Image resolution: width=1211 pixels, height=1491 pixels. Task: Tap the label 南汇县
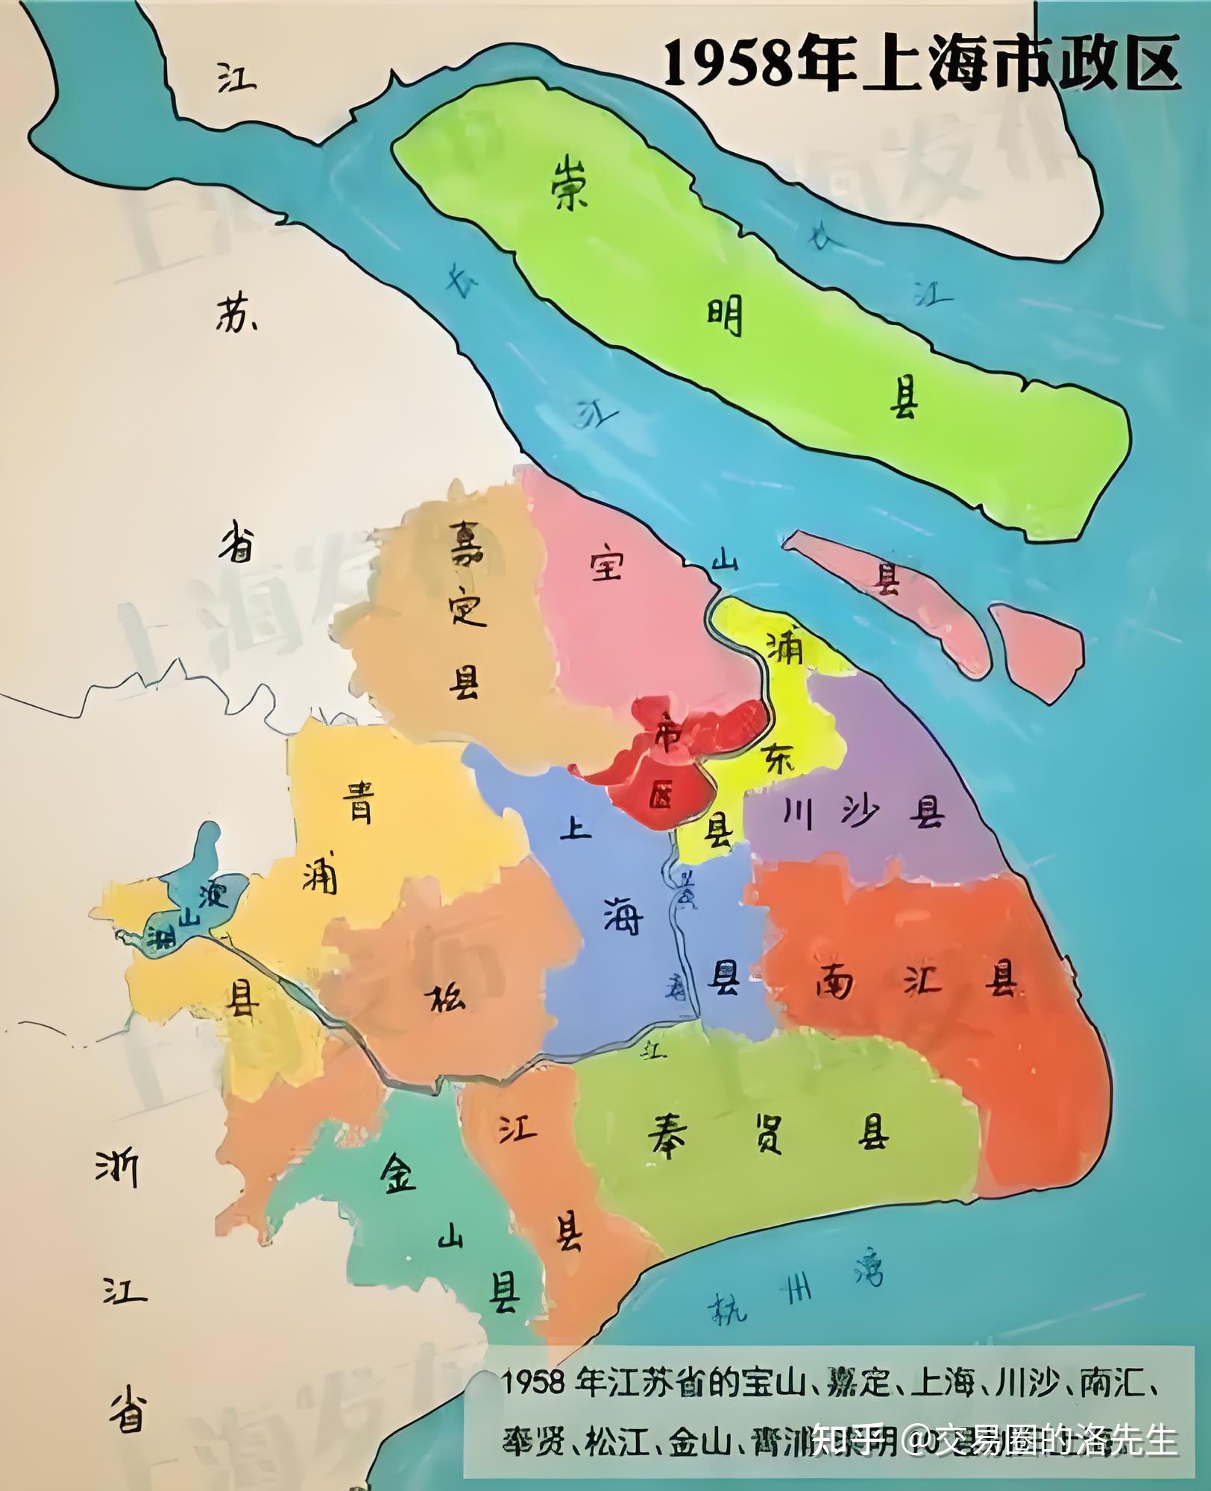[916, 983]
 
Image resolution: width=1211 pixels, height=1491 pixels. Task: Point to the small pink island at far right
[1038, 651]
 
